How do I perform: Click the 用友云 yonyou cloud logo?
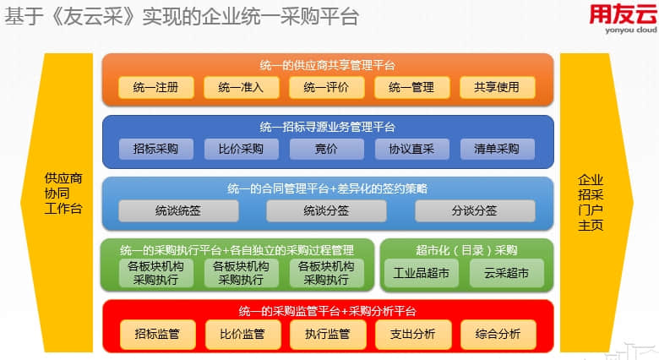click(624, 19)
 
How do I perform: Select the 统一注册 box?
click(156, 88)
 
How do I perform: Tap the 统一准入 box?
click(242, 88)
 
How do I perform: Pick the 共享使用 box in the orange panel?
click(497, 88)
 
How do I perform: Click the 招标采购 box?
click(156, 149)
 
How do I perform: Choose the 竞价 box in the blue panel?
click(327, 149)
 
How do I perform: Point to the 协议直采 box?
click(412, 149)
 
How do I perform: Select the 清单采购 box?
click(497, 149)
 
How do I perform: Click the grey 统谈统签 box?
click(178, 210)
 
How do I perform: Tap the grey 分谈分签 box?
click(475, 210)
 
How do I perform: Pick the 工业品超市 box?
click(422, 273)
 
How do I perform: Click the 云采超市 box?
click(506, 273)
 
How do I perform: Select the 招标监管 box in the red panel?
click(158, 335)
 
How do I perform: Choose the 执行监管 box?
click(328, 335)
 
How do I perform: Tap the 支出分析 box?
click(413, 335)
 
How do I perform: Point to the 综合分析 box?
click(498, 335)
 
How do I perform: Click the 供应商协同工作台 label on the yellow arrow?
click(63, 194)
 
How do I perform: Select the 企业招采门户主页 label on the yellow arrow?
click(591, 203)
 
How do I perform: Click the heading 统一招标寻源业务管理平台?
click(328, 127)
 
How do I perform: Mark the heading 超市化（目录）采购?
click(466, 251)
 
